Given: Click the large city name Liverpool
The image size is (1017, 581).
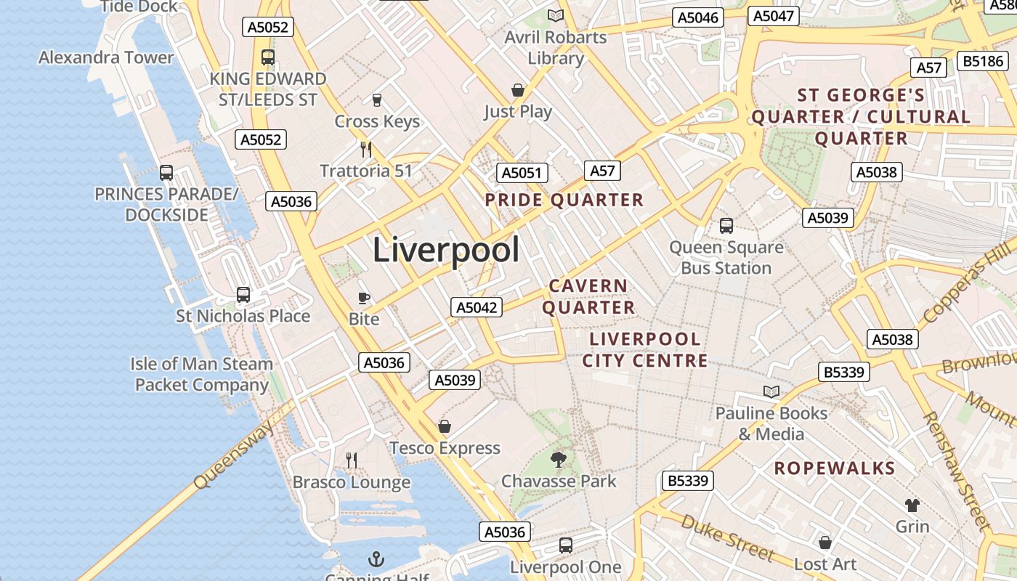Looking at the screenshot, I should click(446, 251).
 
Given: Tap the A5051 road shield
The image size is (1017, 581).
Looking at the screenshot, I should click(522, 173).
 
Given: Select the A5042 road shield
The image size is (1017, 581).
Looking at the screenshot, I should click(476, 307).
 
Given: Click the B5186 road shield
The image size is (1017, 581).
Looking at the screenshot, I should click(983, 61).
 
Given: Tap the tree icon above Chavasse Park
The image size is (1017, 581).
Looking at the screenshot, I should click(559, 459).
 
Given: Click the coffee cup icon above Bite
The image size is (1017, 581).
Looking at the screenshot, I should click(364, 298).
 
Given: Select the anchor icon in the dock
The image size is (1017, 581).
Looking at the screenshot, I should click(376, 559).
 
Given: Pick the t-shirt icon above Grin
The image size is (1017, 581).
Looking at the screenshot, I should click(912, 505).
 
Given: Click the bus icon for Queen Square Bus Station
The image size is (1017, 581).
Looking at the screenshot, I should click(726, 226).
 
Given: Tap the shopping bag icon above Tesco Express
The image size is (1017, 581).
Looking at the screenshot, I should click(445, 426).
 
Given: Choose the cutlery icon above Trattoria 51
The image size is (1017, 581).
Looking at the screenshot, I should click(366, 150).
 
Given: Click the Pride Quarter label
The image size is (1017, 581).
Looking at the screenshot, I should click(564, 200).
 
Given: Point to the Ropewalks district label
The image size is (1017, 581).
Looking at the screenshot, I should click(834, 468).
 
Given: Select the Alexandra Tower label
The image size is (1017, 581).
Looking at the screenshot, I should click(106, 57).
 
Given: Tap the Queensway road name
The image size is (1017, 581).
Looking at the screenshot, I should click(234, 455).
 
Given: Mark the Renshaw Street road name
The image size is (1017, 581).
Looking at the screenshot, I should click(956, 470).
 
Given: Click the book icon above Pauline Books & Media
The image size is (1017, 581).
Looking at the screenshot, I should click(771, 392).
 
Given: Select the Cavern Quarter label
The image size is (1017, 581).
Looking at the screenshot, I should click(588, 296).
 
